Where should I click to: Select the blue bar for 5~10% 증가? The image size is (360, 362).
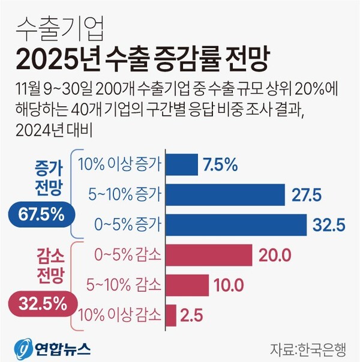[x=224, y=195]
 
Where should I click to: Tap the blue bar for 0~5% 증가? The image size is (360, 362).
[x=235, y=225]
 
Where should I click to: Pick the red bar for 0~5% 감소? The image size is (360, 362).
[x=208, y=255]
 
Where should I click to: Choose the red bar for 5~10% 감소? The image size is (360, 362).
[x=187, y=285]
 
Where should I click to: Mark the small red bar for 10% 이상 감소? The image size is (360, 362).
[x=170, y=315]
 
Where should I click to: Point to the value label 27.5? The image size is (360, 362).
[x=307, y=195]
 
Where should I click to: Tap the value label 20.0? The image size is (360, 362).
[x=275, y=255]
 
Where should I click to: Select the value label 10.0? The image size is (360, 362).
[x=230, y=285]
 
